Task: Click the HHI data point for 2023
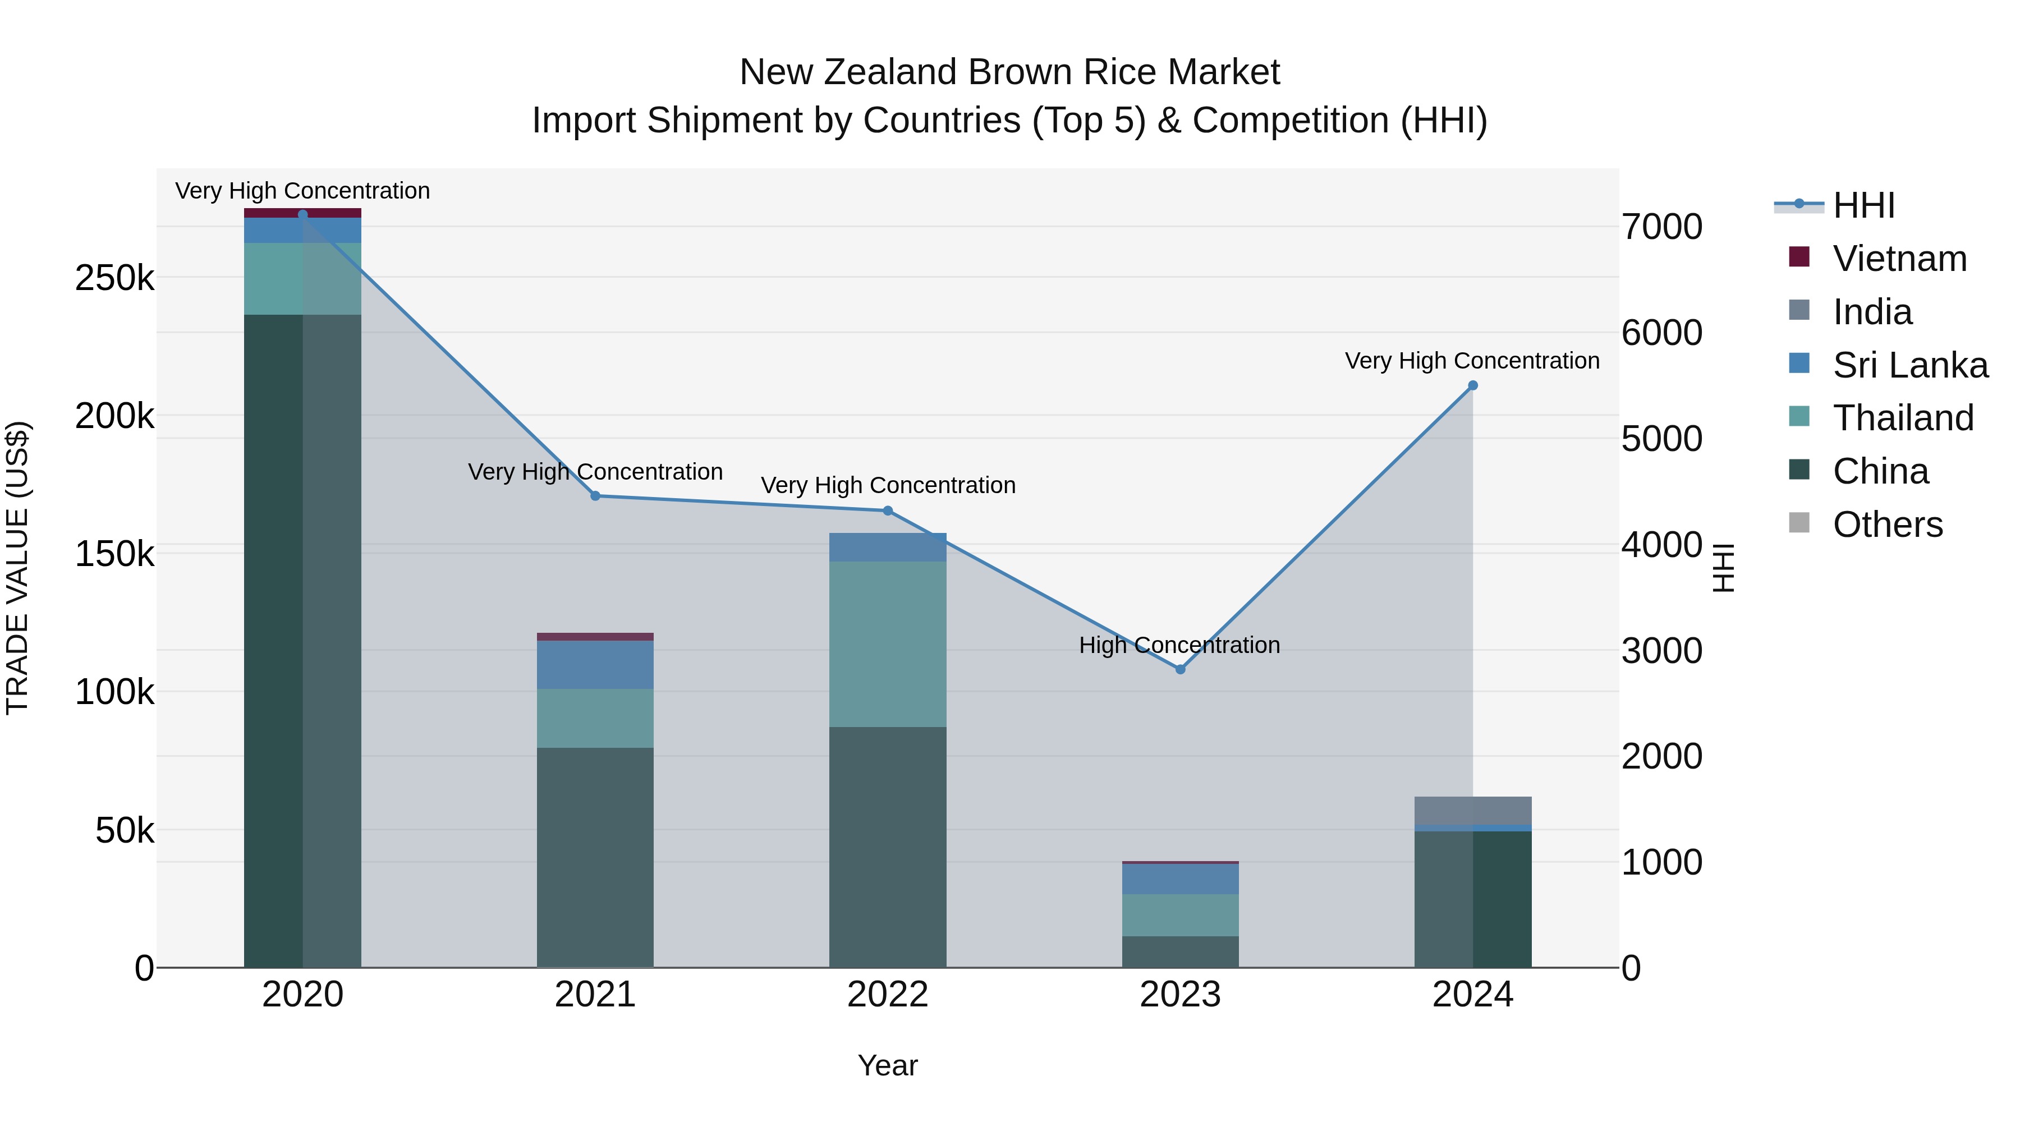tap(1180, 669)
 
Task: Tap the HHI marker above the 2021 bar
tap(595, 495)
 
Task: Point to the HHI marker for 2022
tap(888, 510)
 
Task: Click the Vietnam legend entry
tap(1899, 259)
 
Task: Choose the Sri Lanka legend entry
tap(1909, 365)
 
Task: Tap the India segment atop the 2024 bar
tap(1473, 811)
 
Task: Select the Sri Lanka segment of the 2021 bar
tap(595, 665)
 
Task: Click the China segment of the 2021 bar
tap(595, 857)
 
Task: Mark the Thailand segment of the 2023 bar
tap(1180, 915)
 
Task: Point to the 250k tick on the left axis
tap(114, 278)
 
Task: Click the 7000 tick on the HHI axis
tap(1661, 227)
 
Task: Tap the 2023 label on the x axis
tap(1180, 995)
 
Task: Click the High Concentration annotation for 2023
tap(1179, 645)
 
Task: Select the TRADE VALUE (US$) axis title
tap(18, 568)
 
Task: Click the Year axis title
tap(888, 1065)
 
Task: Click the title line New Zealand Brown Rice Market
tap(1009, 72)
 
